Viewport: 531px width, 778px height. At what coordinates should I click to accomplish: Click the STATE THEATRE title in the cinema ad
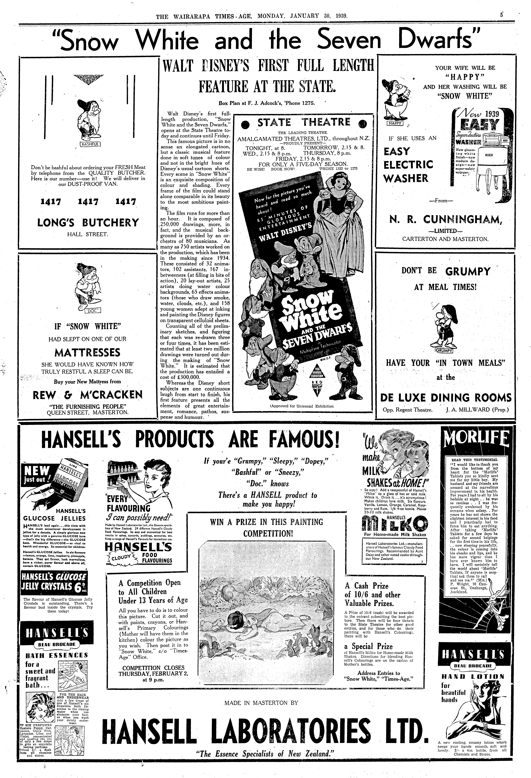click(x=304, y=122)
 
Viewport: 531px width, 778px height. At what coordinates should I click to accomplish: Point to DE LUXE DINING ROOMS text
click(x=446, y=398)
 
